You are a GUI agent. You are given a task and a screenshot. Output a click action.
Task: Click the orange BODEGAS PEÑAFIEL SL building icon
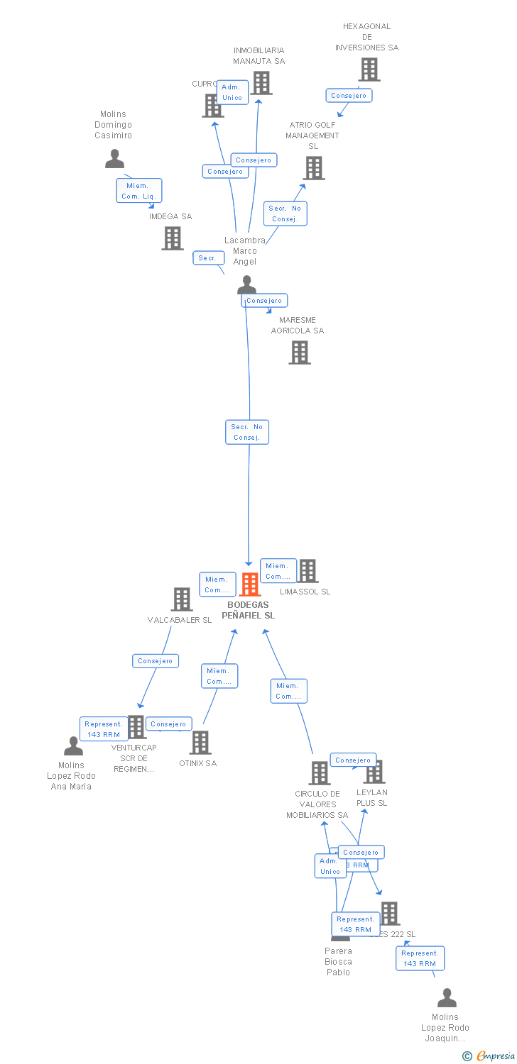point(250,584)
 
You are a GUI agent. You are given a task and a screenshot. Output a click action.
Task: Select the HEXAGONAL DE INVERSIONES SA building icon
point(369,70)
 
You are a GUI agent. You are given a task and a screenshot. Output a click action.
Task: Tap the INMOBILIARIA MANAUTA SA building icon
point(261,83)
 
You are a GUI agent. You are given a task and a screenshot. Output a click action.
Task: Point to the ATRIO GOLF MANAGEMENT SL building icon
point(314,168)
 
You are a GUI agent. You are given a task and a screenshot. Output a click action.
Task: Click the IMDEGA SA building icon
point(172,238)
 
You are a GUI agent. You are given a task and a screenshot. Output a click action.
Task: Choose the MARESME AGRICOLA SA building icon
point(300,352)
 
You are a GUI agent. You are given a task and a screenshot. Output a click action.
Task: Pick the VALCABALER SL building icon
point(182,599)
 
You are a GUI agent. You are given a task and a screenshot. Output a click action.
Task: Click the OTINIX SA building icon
point(200,743)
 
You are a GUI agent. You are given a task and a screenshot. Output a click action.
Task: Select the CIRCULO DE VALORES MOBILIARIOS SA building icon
point(320,772)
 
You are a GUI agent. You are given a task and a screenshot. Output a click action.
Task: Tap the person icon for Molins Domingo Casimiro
point(114,160)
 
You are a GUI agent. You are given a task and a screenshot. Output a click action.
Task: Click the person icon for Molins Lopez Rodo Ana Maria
point(73,746)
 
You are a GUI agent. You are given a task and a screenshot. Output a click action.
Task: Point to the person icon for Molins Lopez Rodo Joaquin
point(447,998)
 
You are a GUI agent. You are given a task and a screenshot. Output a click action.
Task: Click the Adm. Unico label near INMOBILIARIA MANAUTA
point(232,92)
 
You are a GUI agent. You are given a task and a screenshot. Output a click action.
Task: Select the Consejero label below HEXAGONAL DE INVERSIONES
point(349,95)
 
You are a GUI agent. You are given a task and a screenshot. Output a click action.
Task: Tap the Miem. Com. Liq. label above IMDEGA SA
point(139,191)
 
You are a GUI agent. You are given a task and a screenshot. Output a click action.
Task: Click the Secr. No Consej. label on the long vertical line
point(247,432)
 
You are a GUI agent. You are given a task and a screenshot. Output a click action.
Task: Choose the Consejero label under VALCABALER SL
point(156,661)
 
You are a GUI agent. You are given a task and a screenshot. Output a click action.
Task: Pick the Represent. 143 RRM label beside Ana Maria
point(104,729)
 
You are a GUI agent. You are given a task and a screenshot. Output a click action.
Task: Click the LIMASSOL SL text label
point(305,592)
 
